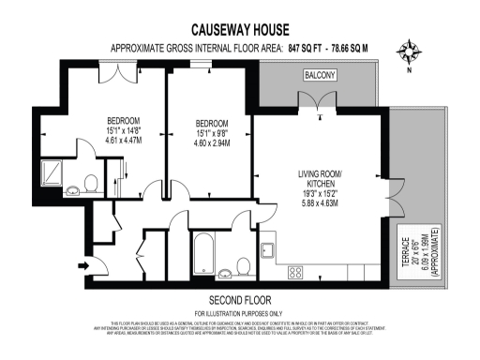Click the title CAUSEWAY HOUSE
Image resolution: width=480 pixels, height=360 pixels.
click(x=239, y=30)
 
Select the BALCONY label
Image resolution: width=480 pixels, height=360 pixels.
click(x=319, y=74)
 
